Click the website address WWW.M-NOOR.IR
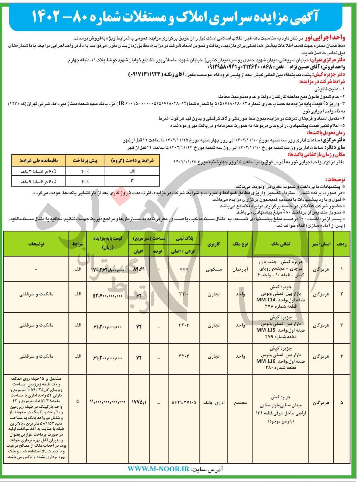coord(158,469)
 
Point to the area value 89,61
coord(139,269)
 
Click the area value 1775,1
coord(139,402)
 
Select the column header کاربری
coord(214,244)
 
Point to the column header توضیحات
coord(36,244)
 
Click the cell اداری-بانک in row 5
coord(214,402)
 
